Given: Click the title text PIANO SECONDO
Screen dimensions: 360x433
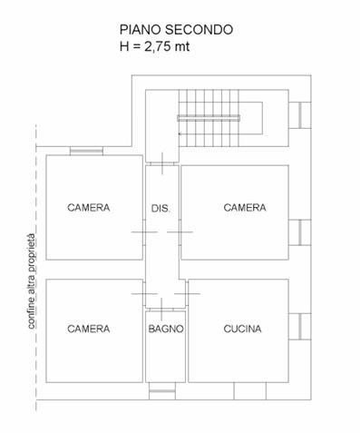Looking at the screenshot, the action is pos(176,30).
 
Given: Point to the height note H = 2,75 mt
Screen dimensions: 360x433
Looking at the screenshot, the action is pos(154,46).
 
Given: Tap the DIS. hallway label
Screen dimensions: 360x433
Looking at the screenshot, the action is pos(161,208).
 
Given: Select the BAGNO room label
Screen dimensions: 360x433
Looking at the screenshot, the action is pos(166,329).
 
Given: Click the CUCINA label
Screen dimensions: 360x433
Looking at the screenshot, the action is pos(242,329).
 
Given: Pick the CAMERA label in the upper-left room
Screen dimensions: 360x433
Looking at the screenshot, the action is pos(89,208).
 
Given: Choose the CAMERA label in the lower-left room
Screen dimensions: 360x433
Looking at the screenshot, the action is pos(89,329).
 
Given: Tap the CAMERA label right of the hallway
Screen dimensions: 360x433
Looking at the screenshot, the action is pos(245,208).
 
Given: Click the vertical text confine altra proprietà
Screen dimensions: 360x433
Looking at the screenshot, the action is pos(31,281).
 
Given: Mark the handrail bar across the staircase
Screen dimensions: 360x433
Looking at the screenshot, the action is pos(209,118).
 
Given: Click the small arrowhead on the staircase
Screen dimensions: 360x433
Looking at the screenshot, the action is pos(180,133).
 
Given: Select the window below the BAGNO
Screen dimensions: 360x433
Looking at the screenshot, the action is pos(162,391).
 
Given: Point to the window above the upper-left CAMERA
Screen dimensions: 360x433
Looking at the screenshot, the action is pos(86,151).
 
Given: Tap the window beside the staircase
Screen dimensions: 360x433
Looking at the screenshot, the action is pos(300,115).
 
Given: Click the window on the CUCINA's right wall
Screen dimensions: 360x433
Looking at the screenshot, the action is pos(300,327).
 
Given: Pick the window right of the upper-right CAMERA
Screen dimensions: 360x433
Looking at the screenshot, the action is pos(300,232).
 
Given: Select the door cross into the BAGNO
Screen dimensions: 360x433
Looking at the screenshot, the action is pos(161,310).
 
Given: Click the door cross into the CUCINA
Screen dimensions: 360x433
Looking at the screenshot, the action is pos(187,293).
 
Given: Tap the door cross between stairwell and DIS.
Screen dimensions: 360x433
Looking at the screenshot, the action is pos(162,163).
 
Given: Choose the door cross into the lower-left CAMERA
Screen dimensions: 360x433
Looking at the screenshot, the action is pos(144,293).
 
